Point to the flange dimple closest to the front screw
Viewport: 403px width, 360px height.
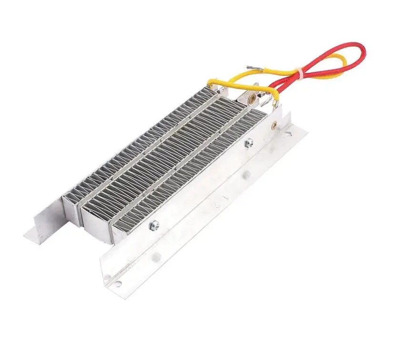155,257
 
